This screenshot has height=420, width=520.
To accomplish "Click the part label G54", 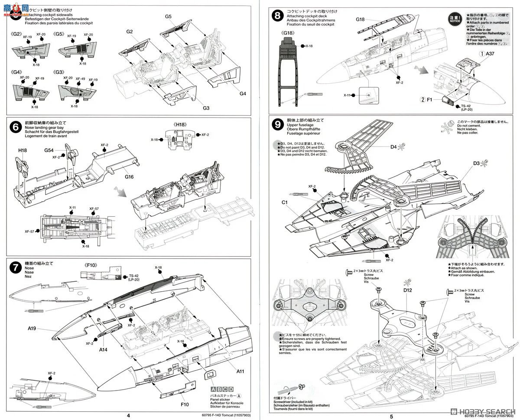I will pos(49,150).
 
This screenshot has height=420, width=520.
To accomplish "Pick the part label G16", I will pos(128,177).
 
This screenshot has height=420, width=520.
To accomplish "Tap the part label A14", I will pos(103,350).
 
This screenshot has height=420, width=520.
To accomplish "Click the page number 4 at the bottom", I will pos(128,415).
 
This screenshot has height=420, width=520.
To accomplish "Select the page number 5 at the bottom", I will pos(391,415).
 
